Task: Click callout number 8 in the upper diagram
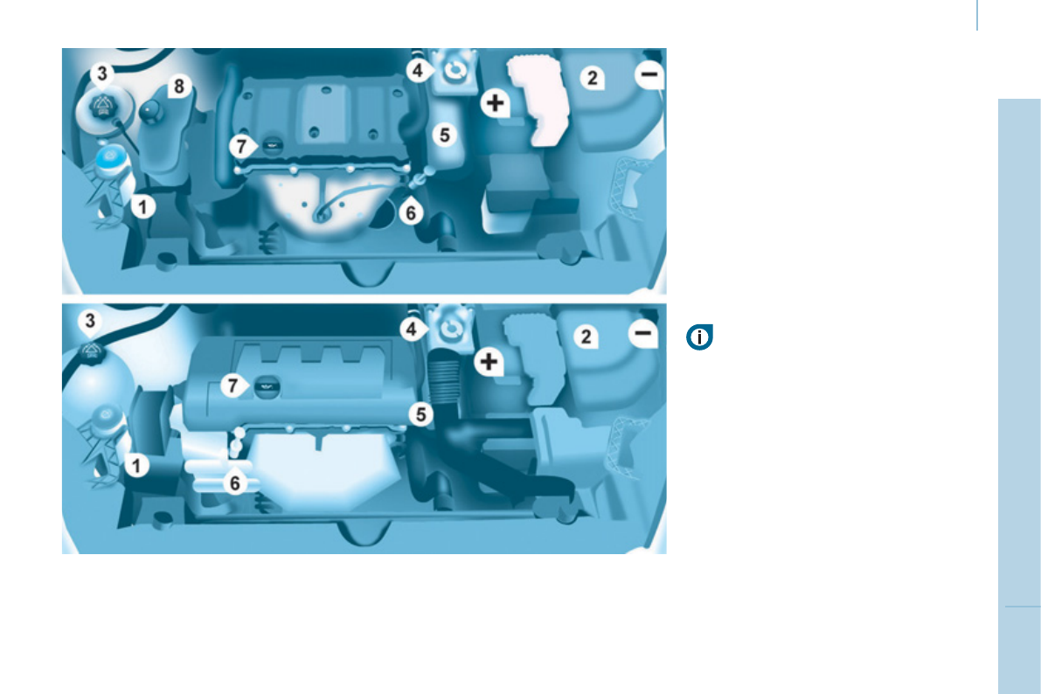click(179, 86)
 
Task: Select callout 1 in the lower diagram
click(135, 465)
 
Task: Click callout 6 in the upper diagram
click(412, 211)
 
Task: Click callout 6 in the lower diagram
click(233, 482)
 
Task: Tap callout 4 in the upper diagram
click(419, 70)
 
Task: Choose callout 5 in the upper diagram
click(445, 135)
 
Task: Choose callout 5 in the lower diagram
click(422, 413)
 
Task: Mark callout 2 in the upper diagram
click(592, 79)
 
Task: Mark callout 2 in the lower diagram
click(586, 337)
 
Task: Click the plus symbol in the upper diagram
click(496, 103)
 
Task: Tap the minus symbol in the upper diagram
click(649, 77)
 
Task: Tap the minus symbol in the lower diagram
click(643, 333)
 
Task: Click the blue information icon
click(700, 337)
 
